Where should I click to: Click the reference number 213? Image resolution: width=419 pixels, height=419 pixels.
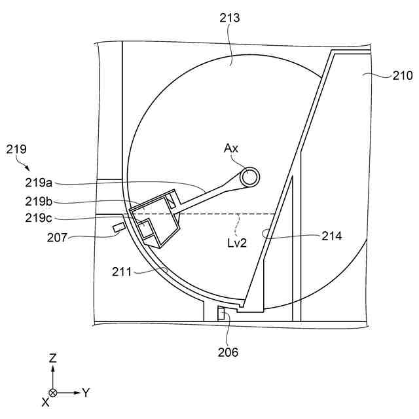230,18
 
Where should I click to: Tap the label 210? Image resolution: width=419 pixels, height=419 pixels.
403,76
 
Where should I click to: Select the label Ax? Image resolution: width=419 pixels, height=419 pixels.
231,148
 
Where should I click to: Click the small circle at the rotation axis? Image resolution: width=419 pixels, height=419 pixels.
249,177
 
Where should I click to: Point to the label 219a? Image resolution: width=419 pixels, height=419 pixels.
39,183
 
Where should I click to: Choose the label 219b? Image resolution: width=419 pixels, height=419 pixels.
39,201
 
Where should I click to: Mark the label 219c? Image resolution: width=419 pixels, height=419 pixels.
39,218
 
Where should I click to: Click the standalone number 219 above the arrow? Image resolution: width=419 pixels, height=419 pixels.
16,149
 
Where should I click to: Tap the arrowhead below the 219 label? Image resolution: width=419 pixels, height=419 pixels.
27,168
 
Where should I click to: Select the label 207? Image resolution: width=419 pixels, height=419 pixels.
57,237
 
